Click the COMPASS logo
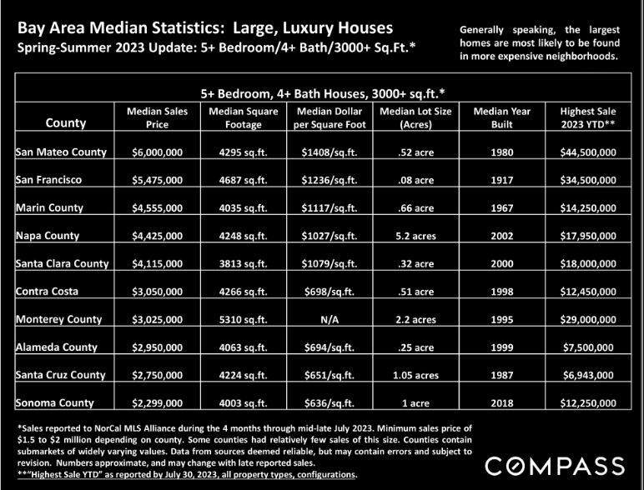click(555, 467)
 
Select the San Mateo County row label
click(61, 152)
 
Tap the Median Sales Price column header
click(158, 117)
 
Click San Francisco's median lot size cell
click(415, 180)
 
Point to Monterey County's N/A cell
click(330, 319)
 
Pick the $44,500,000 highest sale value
click(588, 152)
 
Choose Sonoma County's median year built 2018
click(502, 403)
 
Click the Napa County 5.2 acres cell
click(415, 236)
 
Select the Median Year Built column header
click(502, 117)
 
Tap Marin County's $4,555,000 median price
click(158, 208)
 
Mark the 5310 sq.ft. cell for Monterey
click(243, 319)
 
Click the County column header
click(66, 122)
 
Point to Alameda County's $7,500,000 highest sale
click(588, 347)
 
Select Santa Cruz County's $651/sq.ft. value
click(330, 375)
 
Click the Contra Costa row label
click(47, 292)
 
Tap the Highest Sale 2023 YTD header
click(588, 117)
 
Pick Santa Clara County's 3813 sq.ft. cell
click(243, 263)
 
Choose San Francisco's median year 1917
click(502, 180)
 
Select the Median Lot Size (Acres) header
click(415, 117)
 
